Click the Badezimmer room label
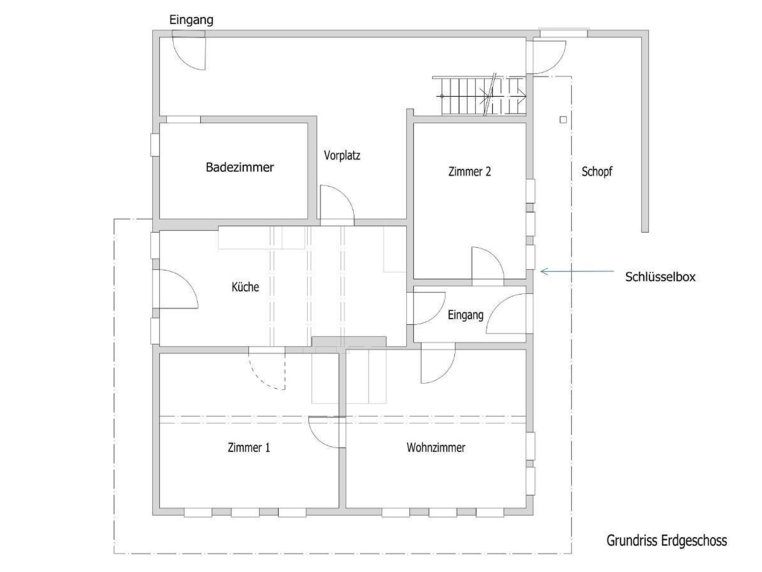click(240, 167)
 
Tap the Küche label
click(245, 287)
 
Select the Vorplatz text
click(342, 155)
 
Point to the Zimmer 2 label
click(470, 171)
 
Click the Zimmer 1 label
click(249, 447)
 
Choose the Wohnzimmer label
click(436, 447)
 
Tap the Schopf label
click(597, 172)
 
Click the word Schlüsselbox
click(660, 277)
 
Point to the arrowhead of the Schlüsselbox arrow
click(542, 271)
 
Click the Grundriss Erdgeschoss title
click(666, 540)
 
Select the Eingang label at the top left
click(191, 20)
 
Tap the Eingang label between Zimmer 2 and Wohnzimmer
click(465, 315)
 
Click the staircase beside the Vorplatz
click(480, 96)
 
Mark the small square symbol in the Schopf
click(563, 120)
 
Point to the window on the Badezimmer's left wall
click(155, 144)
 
